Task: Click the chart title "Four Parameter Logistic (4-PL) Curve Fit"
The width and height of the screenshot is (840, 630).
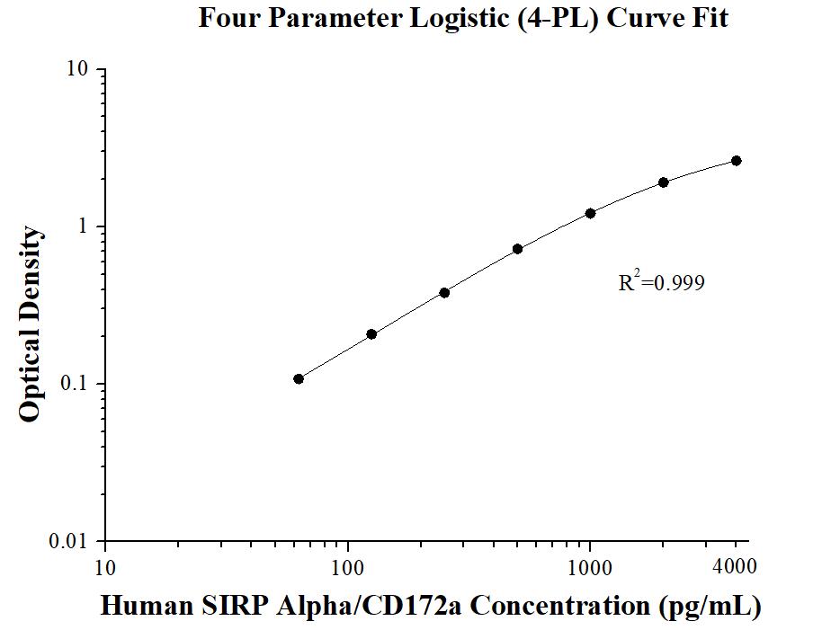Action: pos(463,18)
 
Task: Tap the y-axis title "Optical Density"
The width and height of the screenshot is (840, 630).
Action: pos(30,324)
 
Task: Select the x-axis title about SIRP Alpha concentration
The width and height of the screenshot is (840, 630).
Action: pos(431,605)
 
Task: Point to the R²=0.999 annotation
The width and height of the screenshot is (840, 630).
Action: pos(661,283)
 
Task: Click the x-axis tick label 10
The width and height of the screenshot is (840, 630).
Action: pos(104,567)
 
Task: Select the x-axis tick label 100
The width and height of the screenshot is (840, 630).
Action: pos(347,567)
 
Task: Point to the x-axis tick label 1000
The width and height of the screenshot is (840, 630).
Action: pos(590,567)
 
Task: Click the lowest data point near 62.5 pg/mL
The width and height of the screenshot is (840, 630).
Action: pos(299,378)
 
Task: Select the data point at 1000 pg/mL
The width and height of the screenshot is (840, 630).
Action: pos(591,213)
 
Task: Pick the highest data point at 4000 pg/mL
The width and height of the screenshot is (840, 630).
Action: pos(737,161)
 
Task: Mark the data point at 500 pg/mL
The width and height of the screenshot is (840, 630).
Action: pos(518,249)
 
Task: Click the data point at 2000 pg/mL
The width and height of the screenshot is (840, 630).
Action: pos(664,182)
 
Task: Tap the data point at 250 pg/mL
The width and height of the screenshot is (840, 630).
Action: pos(444,293)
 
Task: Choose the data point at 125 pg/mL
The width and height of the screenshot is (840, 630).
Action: pos(371,334)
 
